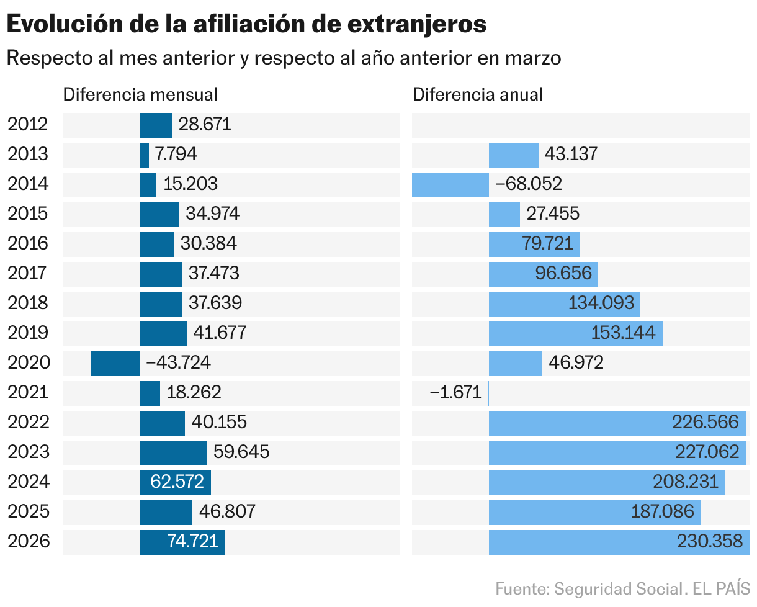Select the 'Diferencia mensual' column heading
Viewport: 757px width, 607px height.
click(x=140, y=94)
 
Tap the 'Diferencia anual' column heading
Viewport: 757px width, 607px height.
click(x=477, y=94)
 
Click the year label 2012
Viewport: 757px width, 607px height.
click(x=27, y=125)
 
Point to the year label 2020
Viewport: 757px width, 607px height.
click(x=27, y=363)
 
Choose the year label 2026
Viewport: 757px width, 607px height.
click(x=27, y=542)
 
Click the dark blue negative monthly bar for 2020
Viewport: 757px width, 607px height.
click(x=115, y=364)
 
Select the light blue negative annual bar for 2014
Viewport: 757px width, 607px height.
click(x=450, y=185)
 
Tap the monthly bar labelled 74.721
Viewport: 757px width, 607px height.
click(x=182, y=542)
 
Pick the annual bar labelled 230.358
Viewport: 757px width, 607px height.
click(x=618, y=542)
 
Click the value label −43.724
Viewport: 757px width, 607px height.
click(x=178, y=363)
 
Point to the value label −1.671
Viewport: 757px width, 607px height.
click(x=455, y=393)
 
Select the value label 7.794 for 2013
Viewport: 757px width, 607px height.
click(x=176, y=154)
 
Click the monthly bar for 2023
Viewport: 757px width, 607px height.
click(x=173, y=453)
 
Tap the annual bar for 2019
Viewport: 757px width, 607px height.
click(x=575, y=334)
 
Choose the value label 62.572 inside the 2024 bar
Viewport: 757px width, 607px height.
click(x=177, y=482)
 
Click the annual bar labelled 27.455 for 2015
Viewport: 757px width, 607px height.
click(x=504, y=215)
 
